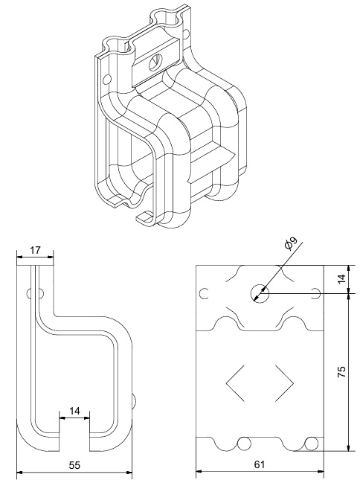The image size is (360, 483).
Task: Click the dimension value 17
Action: [35, 250]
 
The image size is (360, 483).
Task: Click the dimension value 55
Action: [74, 465]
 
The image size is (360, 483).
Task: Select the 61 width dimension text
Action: [260, 464]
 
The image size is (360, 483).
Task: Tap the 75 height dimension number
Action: [341, 372]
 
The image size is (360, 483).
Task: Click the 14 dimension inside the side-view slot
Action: [74, 411]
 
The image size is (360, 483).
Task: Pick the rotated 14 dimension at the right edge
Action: [341, 279]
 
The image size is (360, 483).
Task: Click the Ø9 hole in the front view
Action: [260, 293]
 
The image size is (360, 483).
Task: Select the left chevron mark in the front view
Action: [235, 383]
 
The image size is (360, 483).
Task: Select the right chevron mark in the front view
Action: [284, 383]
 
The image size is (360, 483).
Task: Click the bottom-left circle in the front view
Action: [244, 444]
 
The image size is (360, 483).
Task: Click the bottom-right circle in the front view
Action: [311, 444]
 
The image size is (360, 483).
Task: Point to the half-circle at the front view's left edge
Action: [205, 293]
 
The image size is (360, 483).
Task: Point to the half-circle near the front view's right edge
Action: [315, 293]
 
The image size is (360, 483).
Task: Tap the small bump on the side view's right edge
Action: [133, 403]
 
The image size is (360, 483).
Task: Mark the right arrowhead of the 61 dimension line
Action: [321, 471]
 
